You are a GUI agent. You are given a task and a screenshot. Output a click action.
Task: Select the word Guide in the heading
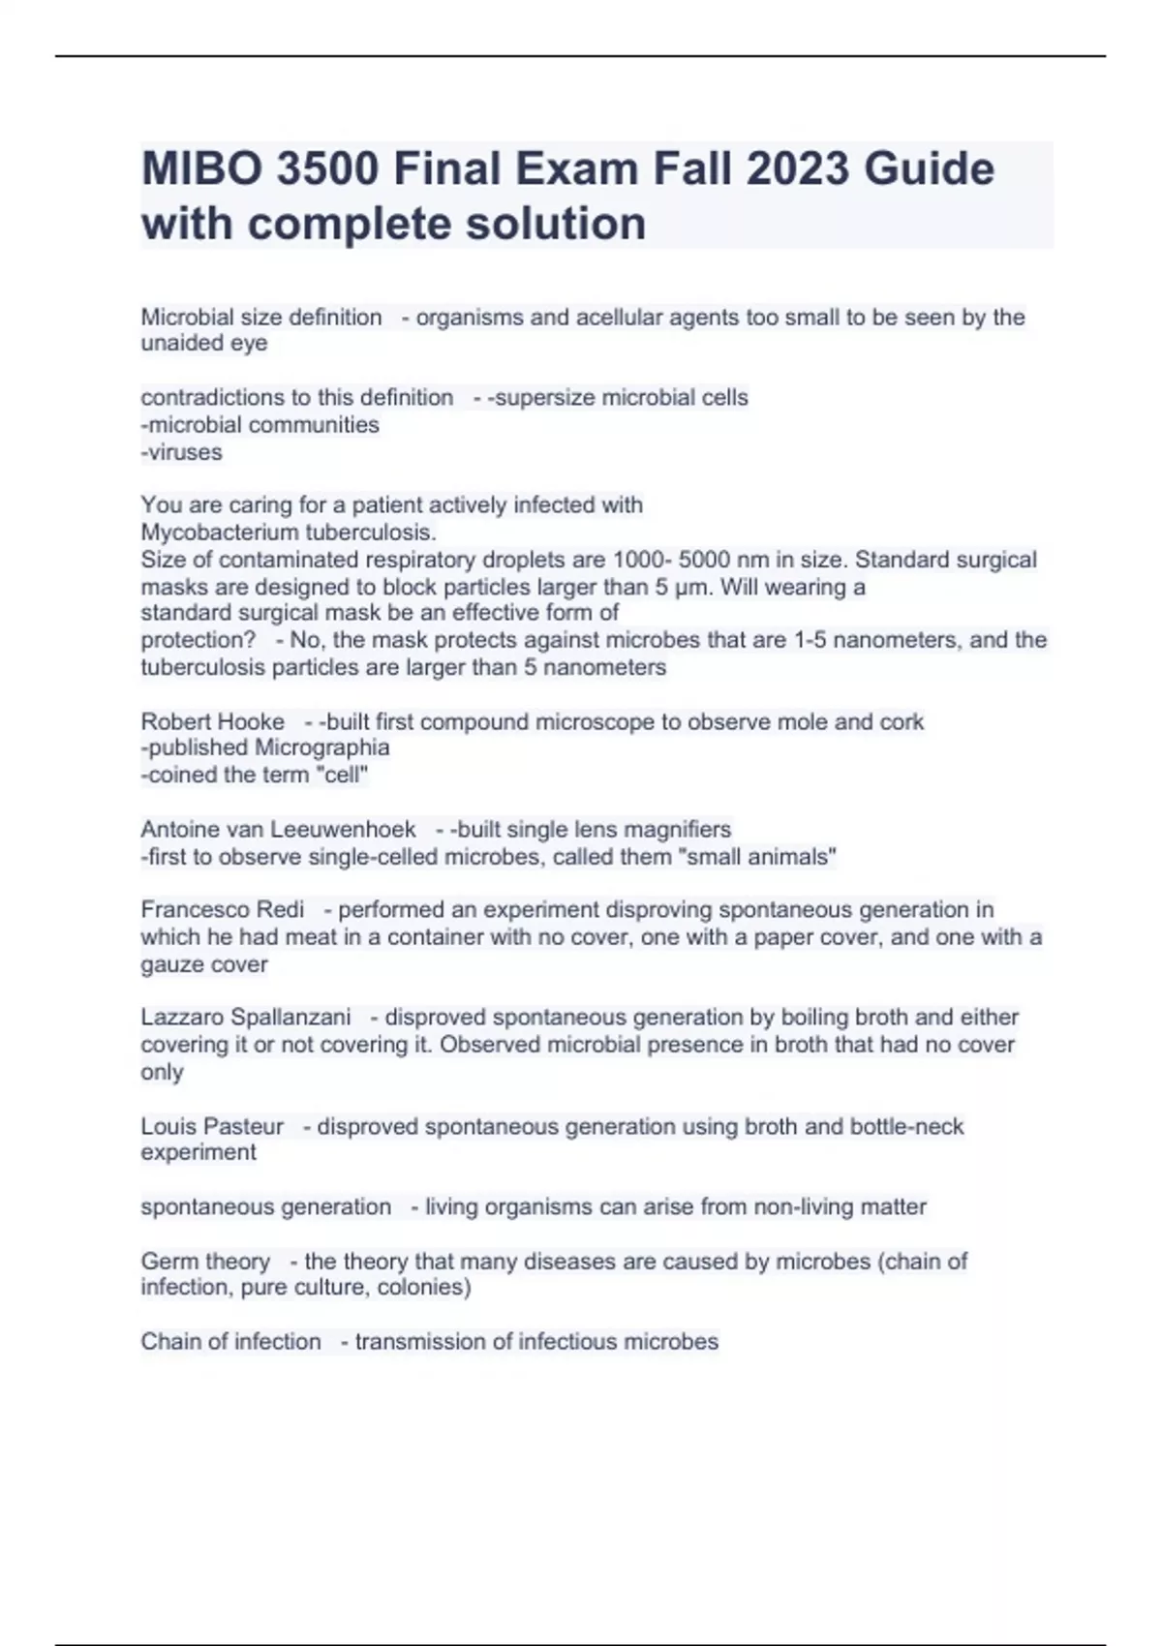(x=929, y=169)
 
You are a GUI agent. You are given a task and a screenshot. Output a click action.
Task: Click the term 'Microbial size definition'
(x=261, y=318)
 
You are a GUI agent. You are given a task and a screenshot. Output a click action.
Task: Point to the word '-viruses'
(x=182, y=452)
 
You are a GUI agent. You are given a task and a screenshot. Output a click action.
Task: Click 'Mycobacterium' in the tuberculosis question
(x=220, y=533)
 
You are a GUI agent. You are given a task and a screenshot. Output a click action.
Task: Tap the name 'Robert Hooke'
(x=213, y=722)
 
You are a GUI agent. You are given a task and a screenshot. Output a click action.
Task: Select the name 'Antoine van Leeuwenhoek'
(x=279, y=830)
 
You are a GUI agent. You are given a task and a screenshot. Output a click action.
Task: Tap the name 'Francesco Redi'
(x=223, y=910)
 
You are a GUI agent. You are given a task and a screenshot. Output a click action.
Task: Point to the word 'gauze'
(x=170, y=964)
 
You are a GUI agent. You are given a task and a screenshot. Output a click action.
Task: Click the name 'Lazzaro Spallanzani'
(x=246, y=1018)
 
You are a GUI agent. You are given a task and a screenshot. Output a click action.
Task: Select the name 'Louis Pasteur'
(x=212, y=1127)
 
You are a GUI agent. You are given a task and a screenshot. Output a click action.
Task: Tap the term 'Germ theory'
(x=205, y=1262)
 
